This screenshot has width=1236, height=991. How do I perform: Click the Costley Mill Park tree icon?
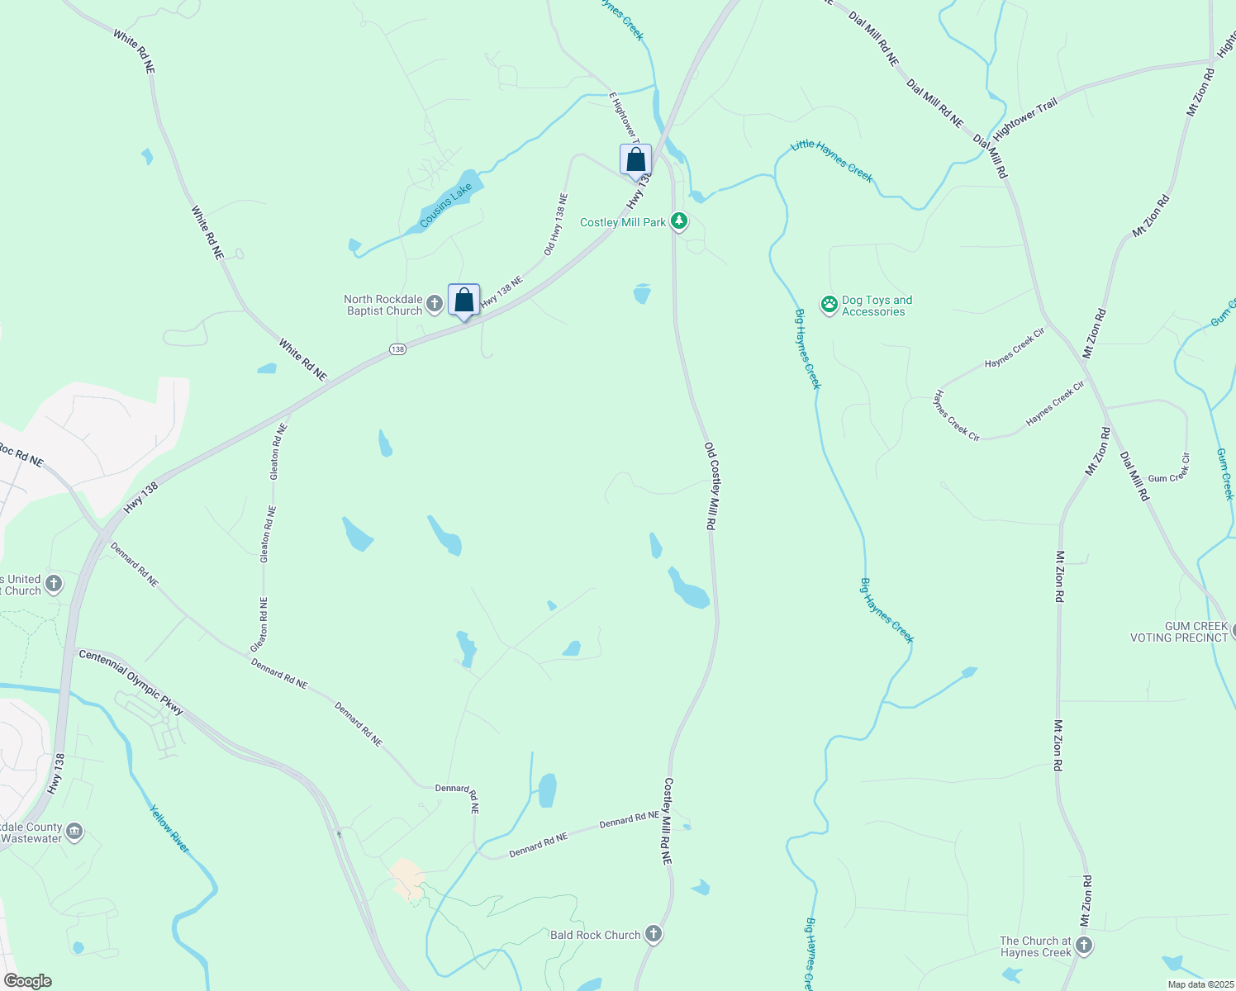click(x=679, y=221)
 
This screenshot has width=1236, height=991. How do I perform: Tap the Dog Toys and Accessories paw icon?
click(x=829, y=306)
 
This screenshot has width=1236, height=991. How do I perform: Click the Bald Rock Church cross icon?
click(x=654, y=934)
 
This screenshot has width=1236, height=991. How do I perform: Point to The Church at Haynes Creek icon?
click(x=1084, y=946)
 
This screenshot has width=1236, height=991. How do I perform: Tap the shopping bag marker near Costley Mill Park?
click(x=635, y=159)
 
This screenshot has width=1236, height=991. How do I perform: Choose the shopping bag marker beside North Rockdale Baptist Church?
click(x=463, y=299)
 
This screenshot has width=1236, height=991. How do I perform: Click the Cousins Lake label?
click(x=445, y=205)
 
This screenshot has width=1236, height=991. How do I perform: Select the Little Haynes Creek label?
click(x=831, y=160)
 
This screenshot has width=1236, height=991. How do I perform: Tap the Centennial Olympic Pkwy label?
click(x=131, y=681)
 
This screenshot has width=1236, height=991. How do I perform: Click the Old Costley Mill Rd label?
click(x=710, y=486)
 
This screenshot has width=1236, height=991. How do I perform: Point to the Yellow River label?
click(x=169, y=828)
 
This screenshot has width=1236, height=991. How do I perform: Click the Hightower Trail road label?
click(x=1025, y=119)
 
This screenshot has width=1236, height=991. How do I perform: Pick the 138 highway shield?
click(x=398, y=349)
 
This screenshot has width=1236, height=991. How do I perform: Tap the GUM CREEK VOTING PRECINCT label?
click(x=1179, y=632)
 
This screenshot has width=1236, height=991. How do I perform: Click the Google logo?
click(x=27, y=980)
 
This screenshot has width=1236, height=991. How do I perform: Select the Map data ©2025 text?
click(x=1200, y=984)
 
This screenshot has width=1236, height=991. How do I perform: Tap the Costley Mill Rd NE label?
click(x=668, y=821)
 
